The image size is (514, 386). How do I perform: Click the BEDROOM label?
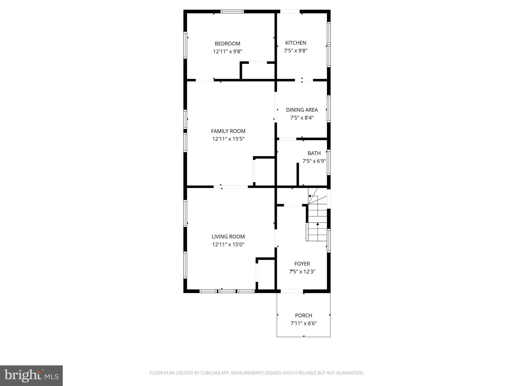click(x=227, y=43)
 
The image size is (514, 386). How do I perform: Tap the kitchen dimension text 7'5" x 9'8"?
click(x=296, y=51)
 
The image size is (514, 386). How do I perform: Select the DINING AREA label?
click(x=302, y=110)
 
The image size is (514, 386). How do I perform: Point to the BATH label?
click(x=314, y=153)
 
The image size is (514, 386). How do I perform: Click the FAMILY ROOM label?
click(x=228, y=131)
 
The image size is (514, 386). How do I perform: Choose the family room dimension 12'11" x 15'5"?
click(x=228, y=139)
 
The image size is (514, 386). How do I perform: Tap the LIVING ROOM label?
click(x=228, y=236)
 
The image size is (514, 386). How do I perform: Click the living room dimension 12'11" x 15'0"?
click(x=228, y=244)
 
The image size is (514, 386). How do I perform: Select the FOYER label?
click(x=302, y=264)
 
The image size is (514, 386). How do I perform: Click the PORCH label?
click(x=303, y=315)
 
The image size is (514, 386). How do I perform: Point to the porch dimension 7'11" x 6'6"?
click(x=303, y=323)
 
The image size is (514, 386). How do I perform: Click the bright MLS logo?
click(x=31, y=375)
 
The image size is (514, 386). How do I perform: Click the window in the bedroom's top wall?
click(x=232, y=11)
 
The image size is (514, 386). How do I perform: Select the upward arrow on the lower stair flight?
click(x=318, y=224)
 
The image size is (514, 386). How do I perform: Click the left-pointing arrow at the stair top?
click(x=309, y=196)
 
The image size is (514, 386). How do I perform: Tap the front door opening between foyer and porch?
click(x=292, y=291)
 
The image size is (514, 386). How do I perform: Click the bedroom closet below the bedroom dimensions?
click(x=258, y=72)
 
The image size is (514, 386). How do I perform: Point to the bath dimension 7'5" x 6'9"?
click(x=314, y=161)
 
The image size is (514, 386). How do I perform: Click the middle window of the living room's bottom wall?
click(x=227, y=291)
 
